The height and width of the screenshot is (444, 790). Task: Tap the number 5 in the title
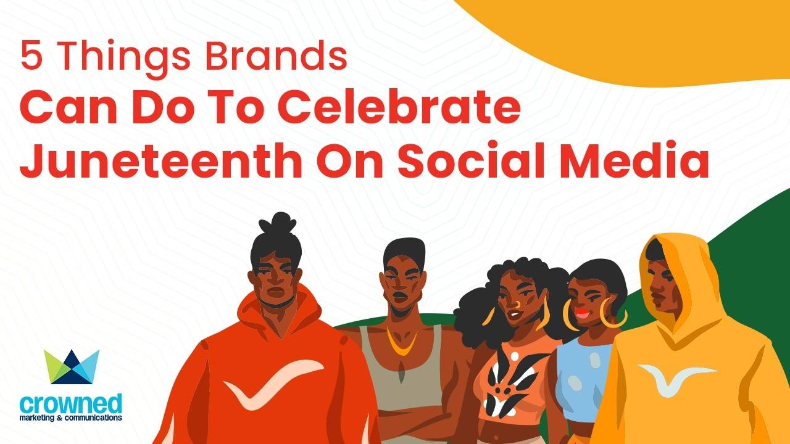(29, 56)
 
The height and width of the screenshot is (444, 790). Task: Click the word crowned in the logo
(71, 404)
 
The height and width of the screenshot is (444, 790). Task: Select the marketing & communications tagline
(71, 418)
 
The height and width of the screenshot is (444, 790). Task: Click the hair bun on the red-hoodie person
(281, 223)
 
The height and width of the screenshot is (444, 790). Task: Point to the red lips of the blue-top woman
(582, 313)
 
